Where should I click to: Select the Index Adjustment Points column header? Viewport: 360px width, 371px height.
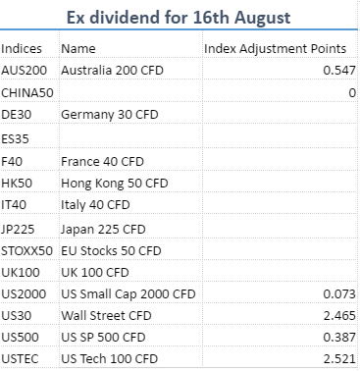pyautogui.click(x=275, y=49)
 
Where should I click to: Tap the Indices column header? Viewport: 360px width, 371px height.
pyautogui.click(x=22, y=49)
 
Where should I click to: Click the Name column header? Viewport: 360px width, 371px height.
pyautogui.click(x=78, y=49)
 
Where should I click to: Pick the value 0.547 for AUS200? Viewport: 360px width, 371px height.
pyautogui.click(x=339, y=71)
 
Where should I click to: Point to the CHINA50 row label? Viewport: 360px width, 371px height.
pyautogui.click(x=27, y=93)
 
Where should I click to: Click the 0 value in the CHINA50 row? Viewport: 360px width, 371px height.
pyautogui.click(x=352, y=93)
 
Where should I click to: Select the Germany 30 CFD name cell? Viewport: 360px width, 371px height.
pyautogui.click(x=110, y=115)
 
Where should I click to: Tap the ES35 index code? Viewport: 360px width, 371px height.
pyautogui.click(x=15, y=138)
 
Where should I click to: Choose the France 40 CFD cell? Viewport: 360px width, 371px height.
pyautogui.click(x=102, y=161)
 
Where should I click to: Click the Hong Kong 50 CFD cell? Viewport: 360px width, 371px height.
pyautogui.click(x=115, y=184)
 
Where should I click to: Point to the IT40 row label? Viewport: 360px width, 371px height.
pyautogui.click(x=14, y=205)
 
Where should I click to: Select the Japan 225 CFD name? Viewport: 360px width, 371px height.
pyautogui.click(x=103, y=230)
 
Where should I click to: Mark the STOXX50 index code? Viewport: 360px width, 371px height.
pyautogui.click(x=26, y=251)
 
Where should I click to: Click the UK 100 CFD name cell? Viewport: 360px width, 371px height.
pyautogui.click(x=95, y=273)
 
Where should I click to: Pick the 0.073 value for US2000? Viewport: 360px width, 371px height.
pyautogui.click(x=339, y=294)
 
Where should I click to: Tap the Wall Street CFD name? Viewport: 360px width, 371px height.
pyautogui.click(x=106, y=316)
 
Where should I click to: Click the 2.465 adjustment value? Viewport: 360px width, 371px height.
pyautogui.click(x=339, y=316)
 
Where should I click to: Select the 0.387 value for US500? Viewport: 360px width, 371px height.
pyautogui.click(x=339, y=338)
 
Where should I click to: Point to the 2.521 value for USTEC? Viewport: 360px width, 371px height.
pyautogui.click(x=339, y=359)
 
